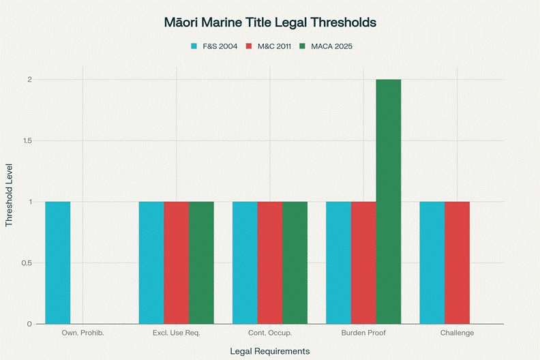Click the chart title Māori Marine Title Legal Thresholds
point(270,22)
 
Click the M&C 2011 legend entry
point(269,46)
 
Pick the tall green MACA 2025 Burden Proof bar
point(389,201)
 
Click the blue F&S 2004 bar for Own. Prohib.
point(58,262)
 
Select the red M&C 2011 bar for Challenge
point(457,262)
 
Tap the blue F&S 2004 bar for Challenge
point(432,262)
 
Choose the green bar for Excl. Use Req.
point(201,262)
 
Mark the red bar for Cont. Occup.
point(270,262)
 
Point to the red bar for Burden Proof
point(363,262)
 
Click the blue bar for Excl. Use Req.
point(151,262)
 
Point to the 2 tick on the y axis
point(29,80)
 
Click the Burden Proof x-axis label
point(363,333)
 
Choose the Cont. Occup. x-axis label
point(270,333)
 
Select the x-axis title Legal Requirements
point(270,350)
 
